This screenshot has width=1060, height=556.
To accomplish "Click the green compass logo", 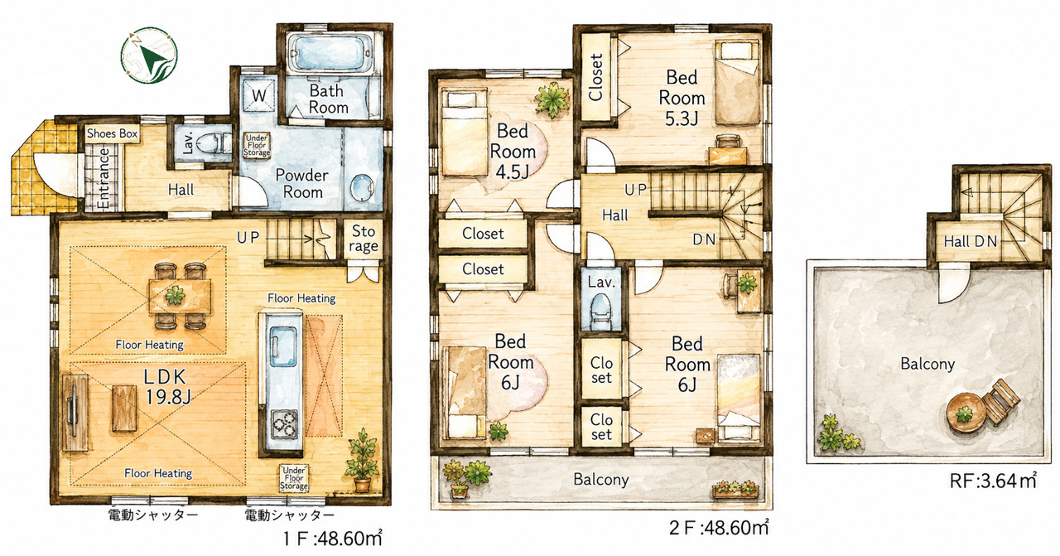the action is click(x=149, y=55).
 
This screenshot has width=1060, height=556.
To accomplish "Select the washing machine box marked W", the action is click(x=259, y=94).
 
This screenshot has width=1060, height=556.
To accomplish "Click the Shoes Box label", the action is click(x=112, y=133).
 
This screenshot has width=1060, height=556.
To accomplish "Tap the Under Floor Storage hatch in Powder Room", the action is click(x=257, y=145).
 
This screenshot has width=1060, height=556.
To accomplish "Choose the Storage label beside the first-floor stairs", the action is click(x=363, y=238).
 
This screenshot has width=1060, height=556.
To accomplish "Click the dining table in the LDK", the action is click(x=180, y=296).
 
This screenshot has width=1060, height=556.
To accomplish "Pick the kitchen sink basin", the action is click(x=283, y=346).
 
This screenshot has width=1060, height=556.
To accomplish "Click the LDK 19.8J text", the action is click(x=167, y=387).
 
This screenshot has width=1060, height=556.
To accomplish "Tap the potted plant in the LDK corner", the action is click(x=362, y=460).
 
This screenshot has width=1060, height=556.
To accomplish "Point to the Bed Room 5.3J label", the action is click(x=682, y=98).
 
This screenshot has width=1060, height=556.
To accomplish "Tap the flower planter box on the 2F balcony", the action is click(x=735, y=490).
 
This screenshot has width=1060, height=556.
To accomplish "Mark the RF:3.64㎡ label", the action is click(x=993, y=481).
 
